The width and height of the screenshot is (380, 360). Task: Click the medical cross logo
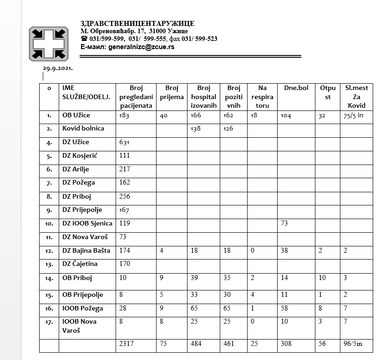pos(49,44)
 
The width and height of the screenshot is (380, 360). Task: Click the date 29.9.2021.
pos(58,68)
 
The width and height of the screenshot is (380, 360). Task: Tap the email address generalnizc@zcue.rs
pos(141,46)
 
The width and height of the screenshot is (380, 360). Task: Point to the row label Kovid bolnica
pos(83,128)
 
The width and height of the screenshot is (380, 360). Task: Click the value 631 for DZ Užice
pos(124,142)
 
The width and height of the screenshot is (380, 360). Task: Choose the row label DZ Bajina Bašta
pos(86,250)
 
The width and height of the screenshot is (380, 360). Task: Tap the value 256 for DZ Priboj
pos(124,196)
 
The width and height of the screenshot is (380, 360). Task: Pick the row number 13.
pos(49,265)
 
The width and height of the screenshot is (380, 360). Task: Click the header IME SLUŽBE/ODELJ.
pos(86,92)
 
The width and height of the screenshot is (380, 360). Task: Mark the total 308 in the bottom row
pos(287,344)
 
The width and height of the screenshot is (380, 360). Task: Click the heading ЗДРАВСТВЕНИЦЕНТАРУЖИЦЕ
pos(137,24)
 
